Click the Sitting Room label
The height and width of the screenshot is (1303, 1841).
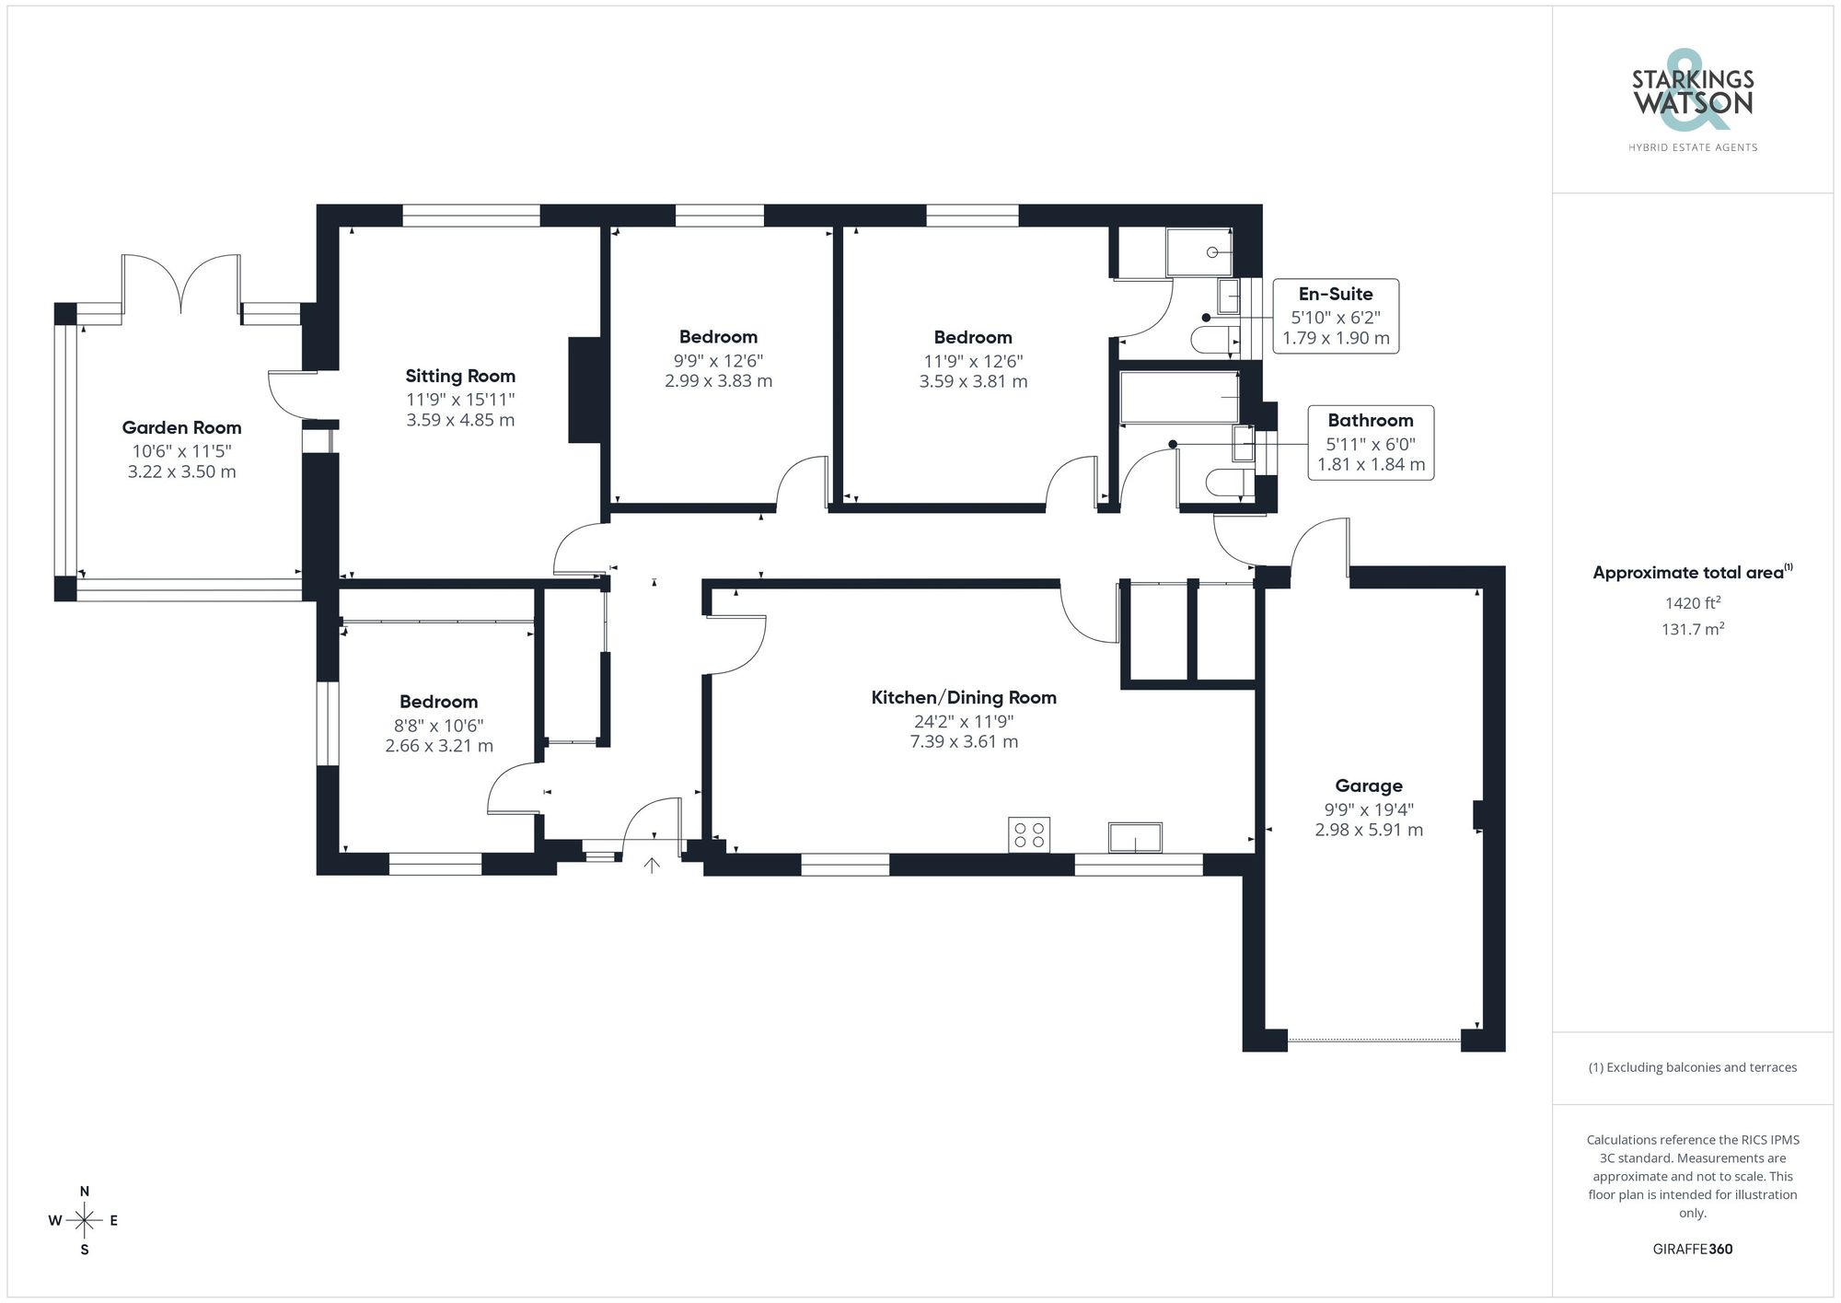click(x=460, y=376)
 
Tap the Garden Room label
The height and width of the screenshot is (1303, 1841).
click(x=181, y=427)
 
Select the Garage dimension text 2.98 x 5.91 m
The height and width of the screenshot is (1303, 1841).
click(x=1369, y=830)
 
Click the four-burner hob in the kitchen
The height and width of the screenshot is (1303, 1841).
click(x=1029, y=834)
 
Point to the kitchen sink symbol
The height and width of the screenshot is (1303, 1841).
click(x=1135, y=837)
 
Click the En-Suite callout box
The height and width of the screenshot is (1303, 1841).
click(x=1336, y=316)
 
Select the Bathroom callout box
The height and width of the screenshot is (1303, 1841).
click(x=1371, y=442)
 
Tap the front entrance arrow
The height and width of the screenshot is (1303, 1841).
click(x=652, y=865)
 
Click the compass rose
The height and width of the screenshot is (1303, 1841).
click(x=85, y=1221)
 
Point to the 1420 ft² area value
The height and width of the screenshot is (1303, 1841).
click(x=1692, y=603)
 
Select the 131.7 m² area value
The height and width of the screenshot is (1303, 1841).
click(x=1692, y=630)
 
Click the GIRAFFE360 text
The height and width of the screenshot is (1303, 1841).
click(x=1692, y=1249)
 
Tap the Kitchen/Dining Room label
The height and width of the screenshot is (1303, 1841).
click(x=964, y=698)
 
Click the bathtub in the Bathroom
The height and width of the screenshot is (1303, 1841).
click(x=1178, y=397)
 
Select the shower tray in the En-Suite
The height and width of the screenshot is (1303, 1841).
click(x=1198, y=252)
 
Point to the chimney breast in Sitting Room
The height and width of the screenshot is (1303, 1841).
click(x=585, y=390)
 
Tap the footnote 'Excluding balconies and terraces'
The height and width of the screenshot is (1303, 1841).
click(x=1692, y=1067)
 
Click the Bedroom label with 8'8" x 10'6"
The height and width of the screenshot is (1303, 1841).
click(x=438, y=702)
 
